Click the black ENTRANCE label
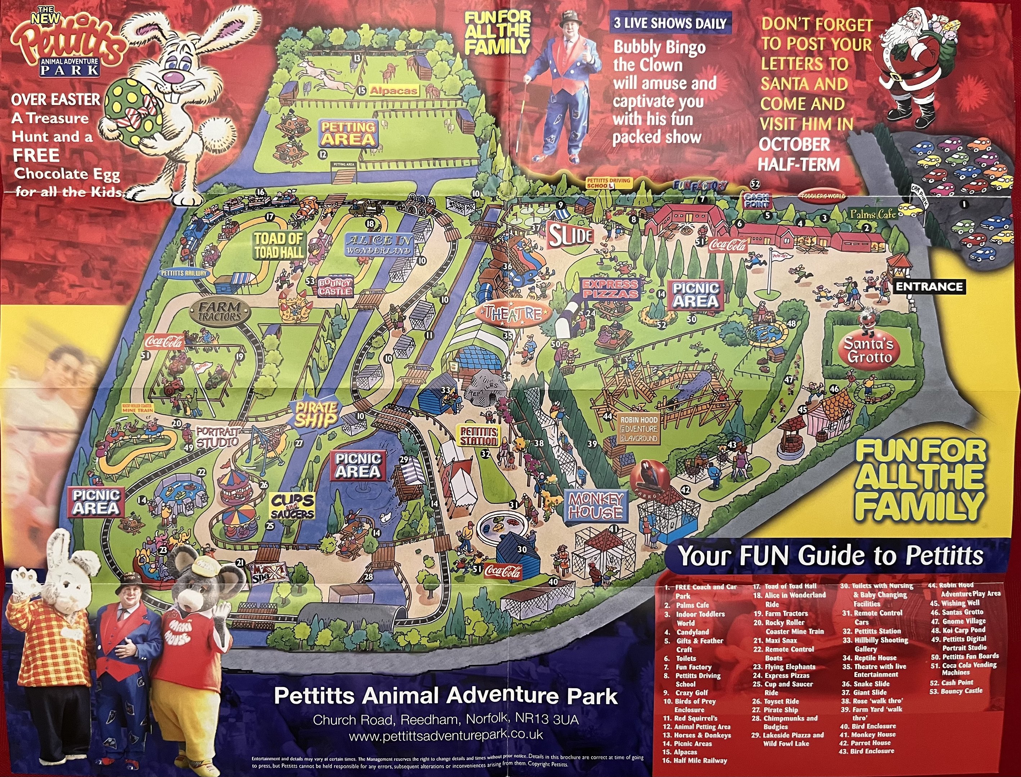[929, 287]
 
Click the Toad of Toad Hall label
[279, 245]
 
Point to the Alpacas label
[393, 91]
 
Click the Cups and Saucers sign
[292, 506]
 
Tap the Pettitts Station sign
[478, 436]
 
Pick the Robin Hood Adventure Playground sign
[639, 429]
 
